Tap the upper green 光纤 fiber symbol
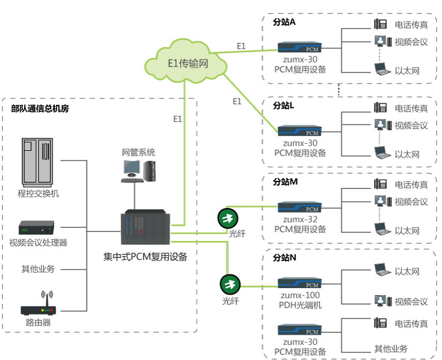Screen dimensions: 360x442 227,217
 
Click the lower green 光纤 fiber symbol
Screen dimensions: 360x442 230,285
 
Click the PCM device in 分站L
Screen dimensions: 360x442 300,131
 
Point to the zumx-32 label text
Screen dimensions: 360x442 300,219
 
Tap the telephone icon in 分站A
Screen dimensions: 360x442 381,25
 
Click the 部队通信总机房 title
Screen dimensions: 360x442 40,108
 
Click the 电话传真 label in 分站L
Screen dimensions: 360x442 411,108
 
